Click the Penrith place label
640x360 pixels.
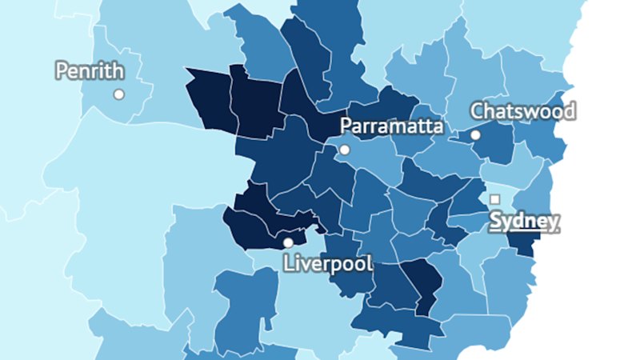(x=90, y=71)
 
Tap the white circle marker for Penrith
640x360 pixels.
(x=119, y=94)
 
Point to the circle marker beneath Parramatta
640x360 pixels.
(x=344, y=150)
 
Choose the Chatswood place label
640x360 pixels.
(x=522, y=110)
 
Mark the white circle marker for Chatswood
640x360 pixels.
(x=475, y=135)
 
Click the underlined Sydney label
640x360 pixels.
(x=524, y=221)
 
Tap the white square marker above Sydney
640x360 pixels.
(x=495, y=199)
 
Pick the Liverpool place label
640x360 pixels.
(x=328, y=263)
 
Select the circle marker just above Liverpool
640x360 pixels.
(x=288, y=242)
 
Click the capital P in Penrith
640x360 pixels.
(x=62, y=71)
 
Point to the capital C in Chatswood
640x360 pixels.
(x=477, y=110)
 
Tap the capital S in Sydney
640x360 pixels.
(x=495, y=221)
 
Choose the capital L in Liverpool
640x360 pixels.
(x=289, y=263)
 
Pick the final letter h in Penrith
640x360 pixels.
(x=118, y=71)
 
